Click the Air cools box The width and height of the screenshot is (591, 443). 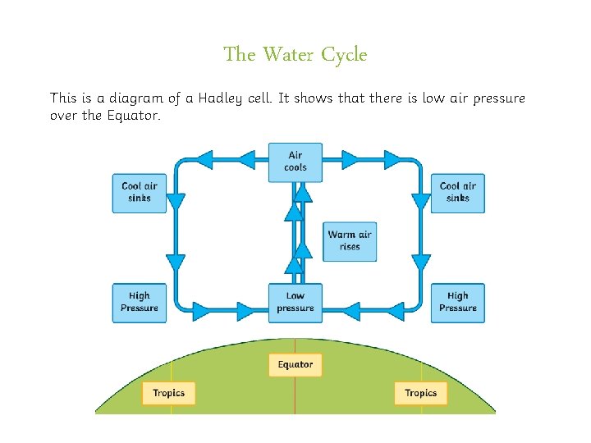(295, 162)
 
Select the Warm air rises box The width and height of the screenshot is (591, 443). (349, 241)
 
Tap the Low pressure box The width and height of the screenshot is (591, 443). (295, 303)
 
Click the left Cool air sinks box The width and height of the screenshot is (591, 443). (139, 192)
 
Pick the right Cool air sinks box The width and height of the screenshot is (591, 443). (457, 192)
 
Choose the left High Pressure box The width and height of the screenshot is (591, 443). (139, 302)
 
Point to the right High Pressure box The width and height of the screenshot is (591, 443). (457, 302)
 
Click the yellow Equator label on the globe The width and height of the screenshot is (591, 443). (295, 364)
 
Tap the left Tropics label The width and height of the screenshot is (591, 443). (168, 393)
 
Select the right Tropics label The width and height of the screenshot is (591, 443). (420, 393)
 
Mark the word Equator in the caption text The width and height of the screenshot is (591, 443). (128, 115)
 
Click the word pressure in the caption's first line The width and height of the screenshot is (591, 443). (495, 98)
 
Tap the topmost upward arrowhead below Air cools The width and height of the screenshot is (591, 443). (303, 192)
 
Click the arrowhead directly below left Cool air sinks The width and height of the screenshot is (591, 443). (176, 263)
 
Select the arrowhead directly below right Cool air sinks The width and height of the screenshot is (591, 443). (420, 263)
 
